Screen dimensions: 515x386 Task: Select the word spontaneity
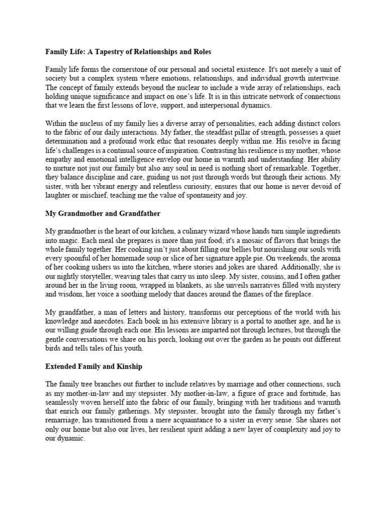194,196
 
